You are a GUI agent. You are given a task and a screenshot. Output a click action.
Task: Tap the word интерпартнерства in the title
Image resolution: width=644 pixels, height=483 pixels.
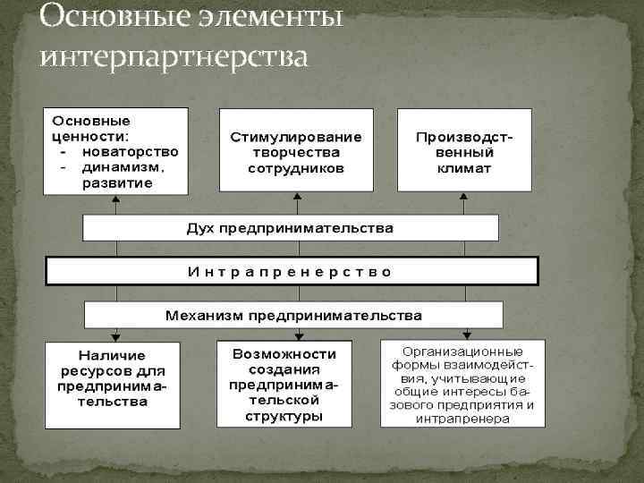coord(174,56)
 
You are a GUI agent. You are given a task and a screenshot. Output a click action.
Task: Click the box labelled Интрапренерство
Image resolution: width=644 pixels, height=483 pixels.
coord(292,271)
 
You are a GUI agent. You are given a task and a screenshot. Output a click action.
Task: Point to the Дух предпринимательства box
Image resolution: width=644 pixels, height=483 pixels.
coord(290,228)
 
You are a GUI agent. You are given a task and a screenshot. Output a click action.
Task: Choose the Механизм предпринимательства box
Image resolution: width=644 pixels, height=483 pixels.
coord(293,315)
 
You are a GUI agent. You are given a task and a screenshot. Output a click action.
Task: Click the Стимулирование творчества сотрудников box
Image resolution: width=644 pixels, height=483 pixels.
coord(296,149)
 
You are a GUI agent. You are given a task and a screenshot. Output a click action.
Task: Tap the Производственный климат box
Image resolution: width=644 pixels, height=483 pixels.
coord(464,149)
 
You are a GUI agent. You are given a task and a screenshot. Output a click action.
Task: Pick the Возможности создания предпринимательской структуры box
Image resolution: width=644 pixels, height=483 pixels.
coord(282,382)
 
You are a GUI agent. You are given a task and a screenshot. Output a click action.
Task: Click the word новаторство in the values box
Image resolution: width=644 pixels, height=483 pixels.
coord(130,151)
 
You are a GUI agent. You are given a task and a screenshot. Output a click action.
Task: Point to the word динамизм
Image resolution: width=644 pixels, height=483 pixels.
coord(123,166)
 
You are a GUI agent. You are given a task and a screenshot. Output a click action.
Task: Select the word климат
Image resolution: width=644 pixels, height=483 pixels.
coord(465,167)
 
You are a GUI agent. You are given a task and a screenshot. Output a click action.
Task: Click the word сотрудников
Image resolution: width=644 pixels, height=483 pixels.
coord(296,167)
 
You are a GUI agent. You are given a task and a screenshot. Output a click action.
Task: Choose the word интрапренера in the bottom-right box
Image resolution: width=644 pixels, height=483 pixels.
coord(462,418)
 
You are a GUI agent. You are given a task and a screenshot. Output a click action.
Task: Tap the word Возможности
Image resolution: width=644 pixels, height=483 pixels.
coord(283,353)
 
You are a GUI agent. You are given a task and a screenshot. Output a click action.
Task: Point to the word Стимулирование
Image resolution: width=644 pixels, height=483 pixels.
coord(296,138)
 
